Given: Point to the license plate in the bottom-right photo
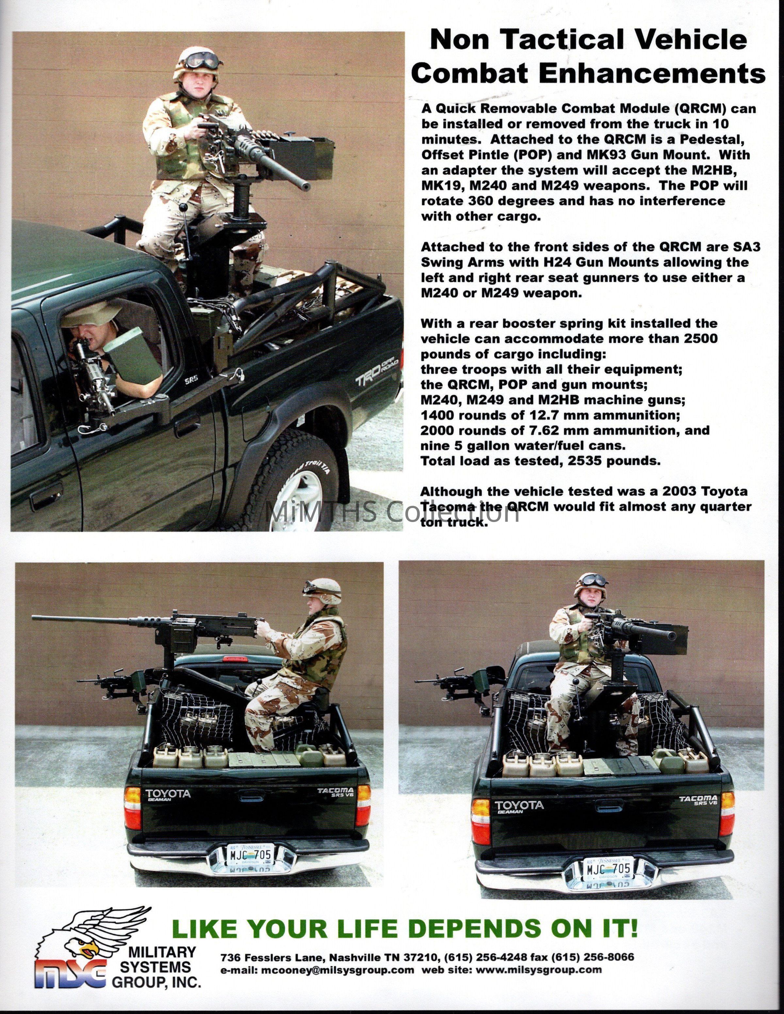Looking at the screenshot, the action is (x=608, y=868).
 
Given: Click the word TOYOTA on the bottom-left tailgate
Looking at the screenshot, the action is (x=168, y=793).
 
